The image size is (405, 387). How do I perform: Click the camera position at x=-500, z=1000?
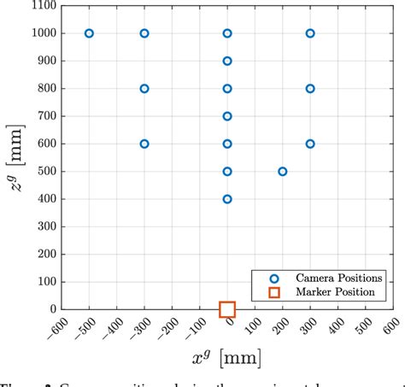(89, 33)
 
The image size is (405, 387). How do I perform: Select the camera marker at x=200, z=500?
(283, 172)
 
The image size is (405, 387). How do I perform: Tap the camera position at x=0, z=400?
(227, 199)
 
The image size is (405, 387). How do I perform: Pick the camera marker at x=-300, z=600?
(144, 144)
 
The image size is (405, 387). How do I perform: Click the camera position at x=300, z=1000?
(310, 33)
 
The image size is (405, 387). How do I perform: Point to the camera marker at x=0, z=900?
(227, 61)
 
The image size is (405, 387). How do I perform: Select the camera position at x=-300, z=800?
(144, 89)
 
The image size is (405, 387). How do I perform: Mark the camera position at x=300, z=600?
(310, 144)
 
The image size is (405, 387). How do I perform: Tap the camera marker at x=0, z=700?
(227, 116)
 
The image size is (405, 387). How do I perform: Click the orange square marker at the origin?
(227, 309)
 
